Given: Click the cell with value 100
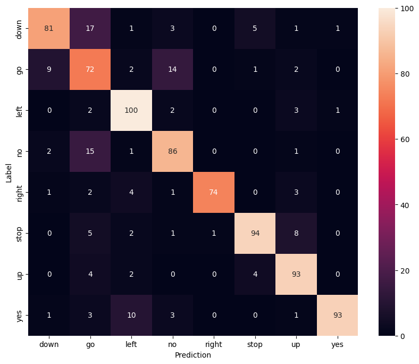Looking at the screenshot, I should [x=131, y=110].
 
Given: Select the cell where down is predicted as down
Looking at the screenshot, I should [x=48, y=28].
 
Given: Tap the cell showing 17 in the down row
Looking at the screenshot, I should [x=90, y=28].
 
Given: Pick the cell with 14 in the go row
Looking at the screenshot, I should [x=172, y=69].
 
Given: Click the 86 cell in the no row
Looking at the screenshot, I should [x=172, y=152].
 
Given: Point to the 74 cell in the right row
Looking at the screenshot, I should [x=214, y=193].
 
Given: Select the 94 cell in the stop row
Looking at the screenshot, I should [x=255, y=234].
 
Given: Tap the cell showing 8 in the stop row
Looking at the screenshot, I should [x=296, y=234].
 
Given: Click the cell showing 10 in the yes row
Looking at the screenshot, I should [x=131, y=316].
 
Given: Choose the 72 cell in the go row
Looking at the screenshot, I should [x=90, y=69].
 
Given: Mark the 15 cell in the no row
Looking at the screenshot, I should [x=90, y=152].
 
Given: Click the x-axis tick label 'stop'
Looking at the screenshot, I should [x=255, y=344].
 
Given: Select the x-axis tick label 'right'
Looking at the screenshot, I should [x=214, y=344].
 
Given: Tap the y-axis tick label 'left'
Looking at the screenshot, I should [x=20, y=110].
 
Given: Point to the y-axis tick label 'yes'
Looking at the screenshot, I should [x=20, y=316].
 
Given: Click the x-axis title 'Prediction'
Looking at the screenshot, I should [x=193, y=354].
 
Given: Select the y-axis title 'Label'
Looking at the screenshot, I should [x=9, y=172].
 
